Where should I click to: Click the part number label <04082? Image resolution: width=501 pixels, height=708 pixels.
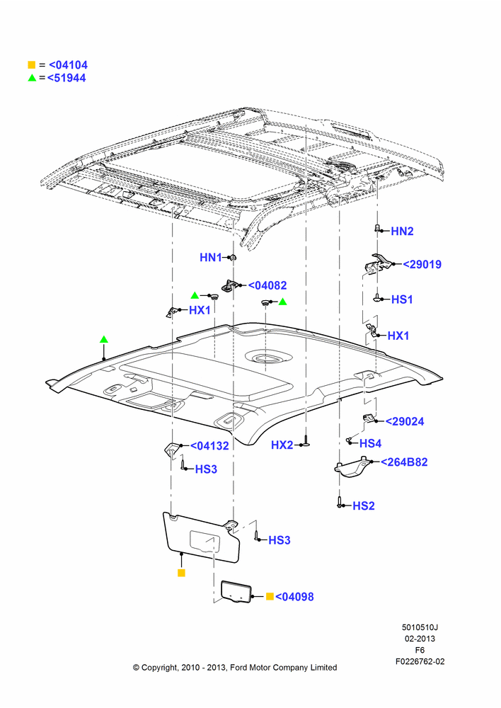(267, 285)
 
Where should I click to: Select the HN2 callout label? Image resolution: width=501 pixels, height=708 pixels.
(402, 232)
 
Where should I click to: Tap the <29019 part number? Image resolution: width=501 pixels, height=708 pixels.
(422, 264)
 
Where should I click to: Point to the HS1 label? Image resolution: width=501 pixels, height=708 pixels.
(402, 299)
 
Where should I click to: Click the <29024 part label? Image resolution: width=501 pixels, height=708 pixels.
(405, 421)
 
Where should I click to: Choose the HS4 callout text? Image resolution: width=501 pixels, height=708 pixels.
(371, 443)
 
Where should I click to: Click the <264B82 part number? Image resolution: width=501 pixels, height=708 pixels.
(404, 462)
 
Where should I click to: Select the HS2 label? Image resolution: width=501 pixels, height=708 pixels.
(364, 506)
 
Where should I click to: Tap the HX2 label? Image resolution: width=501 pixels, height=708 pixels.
(282, 445)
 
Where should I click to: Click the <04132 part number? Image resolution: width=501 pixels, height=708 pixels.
(209, 445)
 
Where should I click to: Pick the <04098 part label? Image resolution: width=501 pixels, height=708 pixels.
(294, 596)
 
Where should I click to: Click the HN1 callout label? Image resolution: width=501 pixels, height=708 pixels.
(211, 258)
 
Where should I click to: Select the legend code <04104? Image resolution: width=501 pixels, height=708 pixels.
(68, 65)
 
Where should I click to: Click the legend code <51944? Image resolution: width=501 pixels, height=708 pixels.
(67, 78)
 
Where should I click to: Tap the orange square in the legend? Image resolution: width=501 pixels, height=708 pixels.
(32, 64)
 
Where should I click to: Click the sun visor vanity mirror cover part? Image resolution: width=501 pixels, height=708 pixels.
(236, 591)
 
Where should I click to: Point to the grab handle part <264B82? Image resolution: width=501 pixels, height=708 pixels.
(353, 467)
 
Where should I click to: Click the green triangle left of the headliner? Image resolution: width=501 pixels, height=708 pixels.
(104, 339)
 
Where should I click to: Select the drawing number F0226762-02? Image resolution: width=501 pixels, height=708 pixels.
(420, 661)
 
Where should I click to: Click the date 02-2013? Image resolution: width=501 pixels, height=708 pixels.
(420, 639)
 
